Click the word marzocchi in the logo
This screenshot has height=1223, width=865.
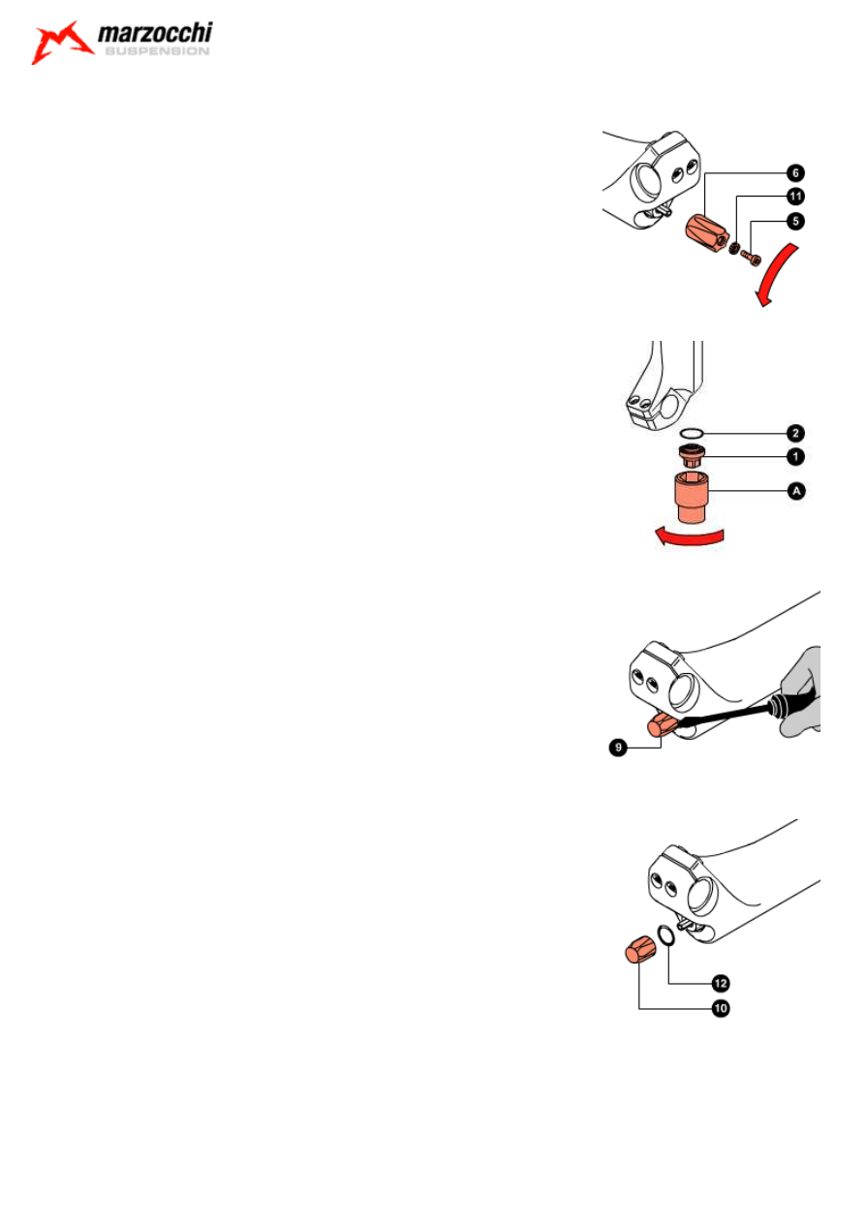(x=155, y=33)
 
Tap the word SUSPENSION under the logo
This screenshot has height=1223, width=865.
(x=157, y=51)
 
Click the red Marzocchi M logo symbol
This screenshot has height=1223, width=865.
(x=62, y=42)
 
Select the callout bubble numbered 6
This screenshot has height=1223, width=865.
(x=795, y=173)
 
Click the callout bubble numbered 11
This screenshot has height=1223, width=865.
(x=795, y=197)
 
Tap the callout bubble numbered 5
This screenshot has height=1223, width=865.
(x=795, y=221)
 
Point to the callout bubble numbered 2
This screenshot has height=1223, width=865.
(x=795, y=434)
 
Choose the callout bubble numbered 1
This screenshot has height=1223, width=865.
(x=795, y=456)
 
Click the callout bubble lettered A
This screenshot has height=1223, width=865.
(x=796, y=491)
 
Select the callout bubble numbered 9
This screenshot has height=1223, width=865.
(x=618, y=748)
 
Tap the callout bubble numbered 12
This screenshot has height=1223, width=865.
(x=721, y=984)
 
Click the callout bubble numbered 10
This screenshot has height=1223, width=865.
(x=721, y=1008)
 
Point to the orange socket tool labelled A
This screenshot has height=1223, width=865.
(x=692, y=498)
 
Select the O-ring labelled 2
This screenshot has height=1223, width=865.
(x=692, y=434)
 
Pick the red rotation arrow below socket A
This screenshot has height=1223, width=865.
(x=689, y=536)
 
